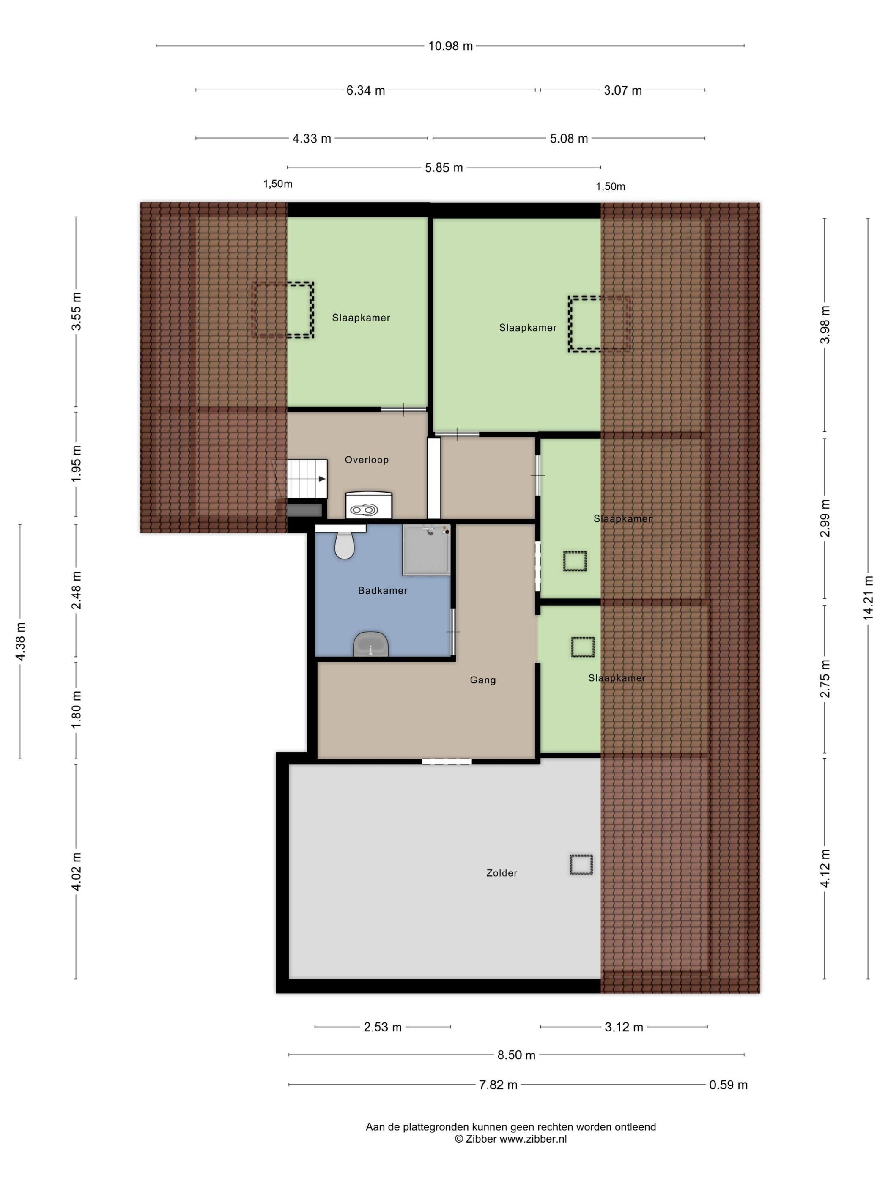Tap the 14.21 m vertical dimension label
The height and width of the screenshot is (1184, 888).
click(868, 598)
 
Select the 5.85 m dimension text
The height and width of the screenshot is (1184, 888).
click(444, 167)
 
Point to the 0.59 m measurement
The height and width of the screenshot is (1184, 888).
click(728, 1085)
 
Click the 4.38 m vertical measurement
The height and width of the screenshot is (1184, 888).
click(20, 641)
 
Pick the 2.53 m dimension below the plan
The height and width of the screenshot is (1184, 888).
click(383, 1027)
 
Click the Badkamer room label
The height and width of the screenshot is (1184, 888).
click(383, 590)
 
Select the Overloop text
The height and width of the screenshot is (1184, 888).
click(367, 460)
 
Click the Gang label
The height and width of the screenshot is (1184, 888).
click(483, 680)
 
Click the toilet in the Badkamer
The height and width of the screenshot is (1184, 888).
click(345, 544)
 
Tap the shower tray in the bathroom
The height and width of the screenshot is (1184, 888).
click(426, 549)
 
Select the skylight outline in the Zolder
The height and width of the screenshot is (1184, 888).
click(581, 864)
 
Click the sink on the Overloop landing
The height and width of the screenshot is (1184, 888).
click(369, 505)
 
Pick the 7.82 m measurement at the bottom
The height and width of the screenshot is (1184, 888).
click(498, 1085)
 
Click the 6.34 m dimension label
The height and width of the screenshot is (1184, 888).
click(366, 90)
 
